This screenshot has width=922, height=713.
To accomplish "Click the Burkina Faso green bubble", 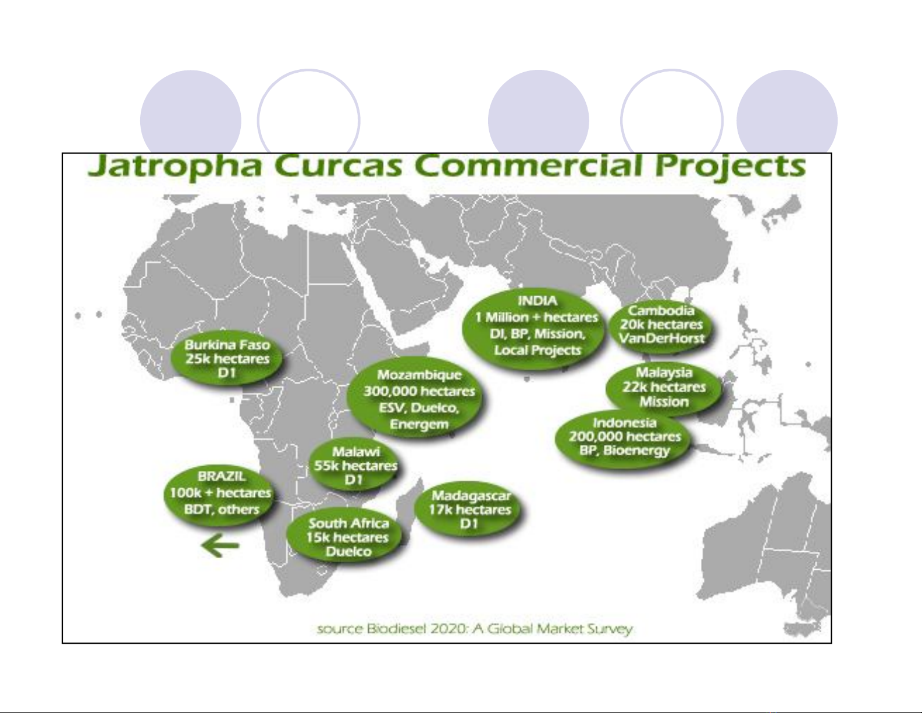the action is tap(227, 359).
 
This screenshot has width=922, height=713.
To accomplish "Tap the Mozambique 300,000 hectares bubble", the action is tap(416, 399).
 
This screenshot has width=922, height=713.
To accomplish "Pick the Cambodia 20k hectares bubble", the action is tap(661, 325).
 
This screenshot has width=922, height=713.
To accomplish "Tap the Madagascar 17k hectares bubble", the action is tap(469, 509).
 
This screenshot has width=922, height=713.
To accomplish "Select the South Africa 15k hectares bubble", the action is tap(347, 537).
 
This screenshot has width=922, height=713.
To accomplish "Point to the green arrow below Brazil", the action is tap(220, 545).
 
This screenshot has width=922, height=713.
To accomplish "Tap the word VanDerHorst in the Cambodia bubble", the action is tap(661, 338).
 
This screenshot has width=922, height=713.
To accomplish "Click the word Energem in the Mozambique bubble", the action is tap(419, 424).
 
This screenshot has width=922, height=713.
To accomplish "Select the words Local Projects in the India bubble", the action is tap(537, 350).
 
